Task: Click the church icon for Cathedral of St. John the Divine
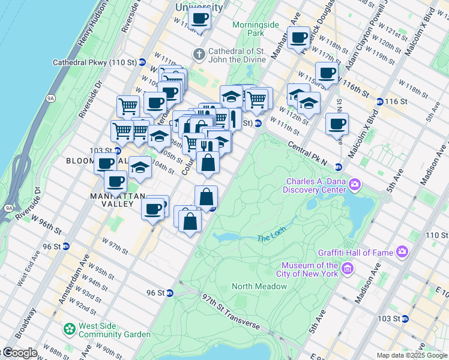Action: [x=199, y=53]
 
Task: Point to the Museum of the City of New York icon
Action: [x=348, y=269]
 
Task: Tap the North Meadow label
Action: [x=259, y=286]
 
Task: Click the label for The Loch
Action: [x=270, y=238]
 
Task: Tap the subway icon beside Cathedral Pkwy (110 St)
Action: [x=142, y=62]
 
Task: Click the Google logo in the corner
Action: [x=19, y=353]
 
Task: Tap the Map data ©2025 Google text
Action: [x=412, y=355]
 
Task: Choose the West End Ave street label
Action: [x=28, y=275]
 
